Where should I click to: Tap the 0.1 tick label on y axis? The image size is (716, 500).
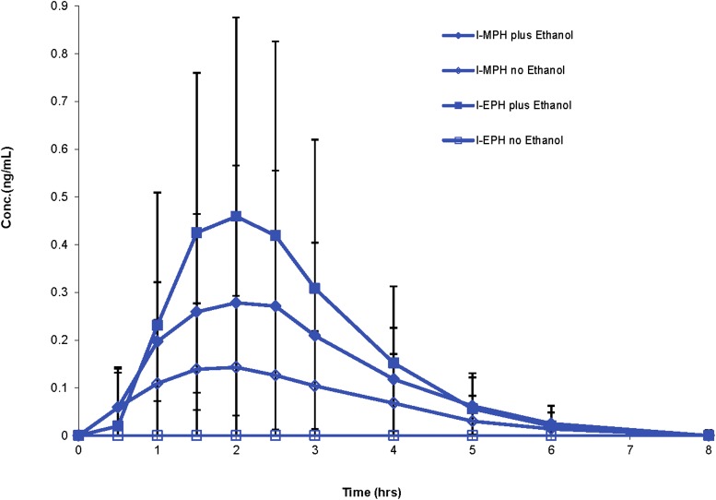click(x=59, y=387)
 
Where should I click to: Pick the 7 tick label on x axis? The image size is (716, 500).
click(x=630, y=451)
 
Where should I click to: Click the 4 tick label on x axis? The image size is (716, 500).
click(x=393, y=451)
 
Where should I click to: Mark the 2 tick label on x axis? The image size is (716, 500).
click(x=236, y=451)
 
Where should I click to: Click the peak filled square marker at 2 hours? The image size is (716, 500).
click(x=236, y=216)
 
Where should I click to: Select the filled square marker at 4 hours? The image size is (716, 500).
click(x=393, y=363)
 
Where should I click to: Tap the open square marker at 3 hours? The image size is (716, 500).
click(x=315, y=435)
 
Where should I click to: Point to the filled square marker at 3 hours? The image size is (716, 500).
click(x=315, y=289)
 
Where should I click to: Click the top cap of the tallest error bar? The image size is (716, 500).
click(x=236, y=18)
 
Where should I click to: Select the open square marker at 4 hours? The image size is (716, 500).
click(x=393, y=435)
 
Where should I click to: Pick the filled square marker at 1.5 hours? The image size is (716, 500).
click(x=196, y=232)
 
